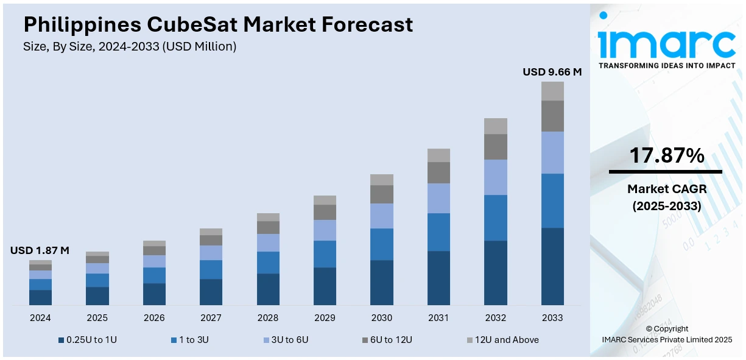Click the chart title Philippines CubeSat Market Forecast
(x=218, y=24)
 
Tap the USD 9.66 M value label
(x=552, y=72)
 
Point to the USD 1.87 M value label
(x=40, y=250)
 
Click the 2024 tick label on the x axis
(x=40, y=318)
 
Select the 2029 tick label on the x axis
(x=325, y=318)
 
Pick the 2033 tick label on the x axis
(x=552, y=318)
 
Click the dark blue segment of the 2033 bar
(x=552, y=266)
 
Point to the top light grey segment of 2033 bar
(x=552, y=91)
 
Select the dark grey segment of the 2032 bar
(x=496, y=147)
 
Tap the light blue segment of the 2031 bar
(x=438, y=198)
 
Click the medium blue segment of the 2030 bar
(x=382, y=244)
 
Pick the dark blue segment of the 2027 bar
(x=211, y=292)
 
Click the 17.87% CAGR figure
(x=666, y=157)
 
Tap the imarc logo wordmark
(x=666, y=41)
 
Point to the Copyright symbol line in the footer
(x=666, y=329)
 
